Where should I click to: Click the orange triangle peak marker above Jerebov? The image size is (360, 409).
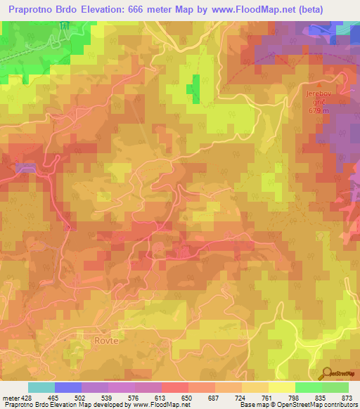(x=319, y=84)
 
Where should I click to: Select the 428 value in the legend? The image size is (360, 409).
(x=23, y=397)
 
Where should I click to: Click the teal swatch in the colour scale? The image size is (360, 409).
(x=41, y=387)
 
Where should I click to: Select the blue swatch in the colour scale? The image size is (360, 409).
(x=67, y=387)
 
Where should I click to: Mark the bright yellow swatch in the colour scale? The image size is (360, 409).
(x=281, y=387)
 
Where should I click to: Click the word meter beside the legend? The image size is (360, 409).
(x=9, y=397)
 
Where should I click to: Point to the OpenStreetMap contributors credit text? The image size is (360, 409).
(x=317, y=405)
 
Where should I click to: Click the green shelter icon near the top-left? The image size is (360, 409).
(x=64, y=26)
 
